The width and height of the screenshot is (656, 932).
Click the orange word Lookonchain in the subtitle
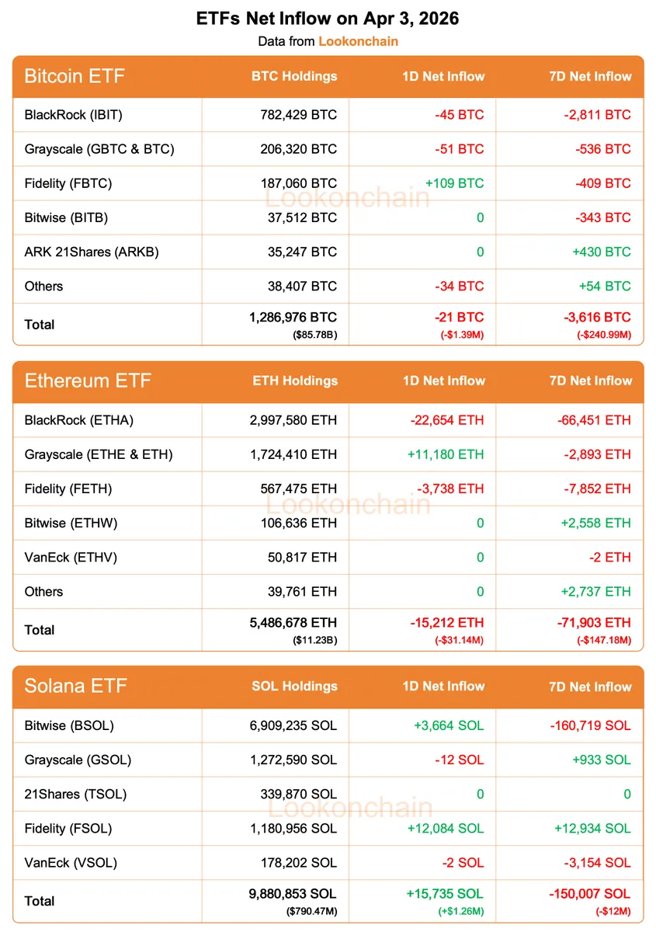click(x=358, y=41)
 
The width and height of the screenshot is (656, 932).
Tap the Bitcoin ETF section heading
click(x=75, y=76)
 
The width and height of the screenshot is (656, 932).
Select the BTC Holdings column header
click(x=294, y=76)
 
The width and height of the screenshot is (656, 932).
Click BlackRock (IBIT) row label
click(x=74, y=115)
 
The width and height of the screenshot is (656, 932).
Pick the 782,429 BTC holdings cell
click(x=299, y=115)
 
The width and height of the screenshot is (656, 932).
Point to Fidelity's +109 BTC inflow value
click(x=454, y=183)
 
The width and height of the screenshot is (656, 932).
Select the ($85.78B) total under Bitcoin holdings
click(x=314, y=335)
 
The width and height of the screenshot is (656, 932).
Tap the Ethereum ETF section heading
click(x=88, y=381)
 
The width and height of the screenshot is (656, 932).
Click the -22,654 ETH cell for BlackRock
click(x=447, y=420)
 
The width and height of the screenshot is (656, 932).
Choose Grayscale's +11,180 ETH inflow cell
click(x=447, y=454)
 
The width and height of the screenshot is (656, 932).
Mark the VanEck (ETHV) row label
click(x=71, y=557)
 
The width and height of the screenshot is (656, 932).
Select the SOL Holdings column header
click(x=294, y=687)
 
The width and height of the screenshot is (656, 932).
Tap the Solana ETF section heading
click(x=76, y=687)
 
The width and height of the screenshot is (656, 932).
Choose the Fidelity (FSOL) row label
click(x=68, y=828)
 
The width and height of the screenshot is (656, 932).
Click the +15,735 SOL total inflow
click(x=445, y=894)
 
